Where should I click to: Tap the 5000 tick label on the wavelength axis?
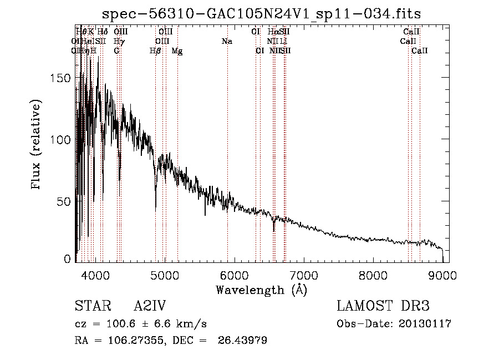click(x=165, y=274)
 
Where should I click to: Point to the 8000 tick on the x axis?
click(x=373, y=274)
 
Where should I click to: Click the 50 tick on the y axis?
click(x=65, y=201)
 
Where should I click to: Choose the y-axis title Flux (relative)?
click(x=37, y=145)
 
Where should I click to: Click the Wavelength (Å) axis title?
click(x=261, y=290)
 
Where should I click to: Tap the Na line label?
click(x=226, y=42)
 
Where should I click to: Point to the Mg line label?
click(x=177, y=51)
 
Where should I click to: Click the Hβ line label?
click(x=156, y=51)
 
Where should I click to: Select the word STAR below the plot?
click(x=92, y=307)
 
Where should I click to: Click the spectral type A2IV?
click(x=150, y=307)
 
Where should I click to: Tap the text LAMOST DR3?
click(x=383, y=307)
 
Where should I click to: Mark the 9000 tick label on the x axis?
click(x=442, y=274)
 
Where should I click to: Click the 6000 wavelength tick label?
click(x=234, y=274)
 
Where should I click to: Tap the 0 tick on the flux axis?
click(x=68, y=258)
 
